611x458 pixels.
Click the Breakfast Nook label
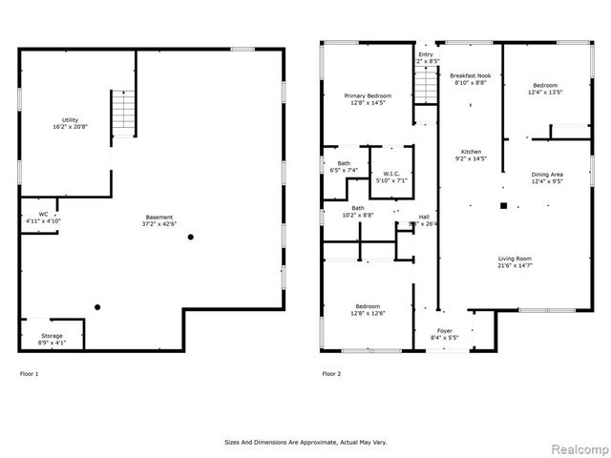coord(468,77)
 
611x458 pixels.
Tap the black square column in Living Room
coord(503,204)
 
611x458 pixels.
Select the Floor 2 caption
coord(331,373)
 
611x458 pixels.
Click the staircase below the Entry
coord(426,89)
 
